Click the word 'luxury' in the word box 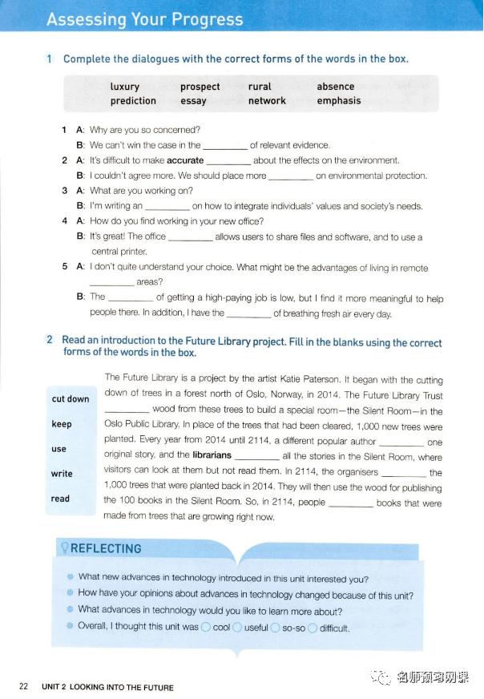tap(124, 87)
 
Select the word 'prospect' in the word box tap(200, 87)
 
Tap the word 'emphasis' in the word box tap(338, 101)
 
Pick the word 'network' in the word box tap(267, 101)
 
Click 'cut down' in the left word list tap(71, 399)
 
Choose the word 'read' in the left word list tap(60, 499)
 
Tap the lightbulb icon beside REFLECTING tap(63, 549)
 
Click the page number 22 tap(23, 686)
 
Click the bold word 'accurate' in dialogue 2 tap(185, 160)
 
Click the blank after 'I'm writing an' tap(167, 206)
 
